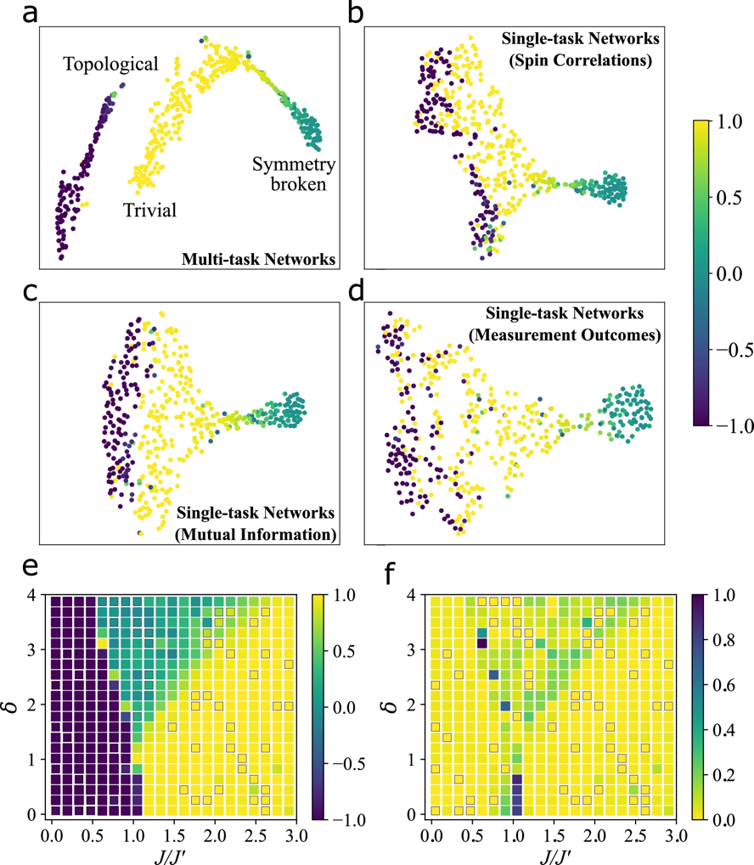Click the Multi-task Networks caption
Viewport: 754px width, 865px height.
(x=255, y=259)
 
